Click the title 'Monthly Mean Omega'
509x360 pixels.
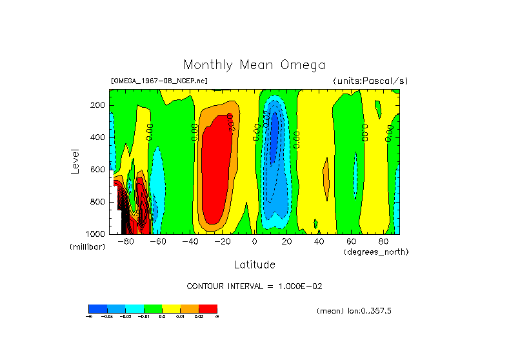point(254,65)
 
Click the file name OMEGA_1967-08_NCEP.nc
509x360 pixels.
point(159,81)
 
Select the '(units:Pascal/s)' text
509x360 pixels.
point(370,81)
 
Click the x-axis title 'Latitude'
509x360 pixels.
point(254,265)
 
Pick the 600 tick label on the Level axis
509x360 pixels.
point(99,170)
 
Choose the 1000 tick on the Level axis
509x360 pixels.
point(97,234)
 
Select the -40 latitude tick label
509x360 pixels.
point(190,242)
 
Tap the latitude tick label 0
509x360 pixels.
point(255,242)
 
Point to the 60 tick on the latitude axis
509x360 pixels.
point(352,242)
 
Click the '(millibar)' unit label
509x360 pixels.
point(87,248)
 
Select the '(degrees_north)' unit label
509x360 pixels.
point(376,251)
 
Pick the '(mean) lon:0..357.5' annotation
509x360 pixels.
point(354,311)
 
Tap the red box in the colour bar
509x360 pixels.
point(208,308)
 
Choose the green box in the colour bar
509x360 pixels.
point(153,308)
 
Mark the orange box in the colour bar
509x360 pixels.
point(190,308)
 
